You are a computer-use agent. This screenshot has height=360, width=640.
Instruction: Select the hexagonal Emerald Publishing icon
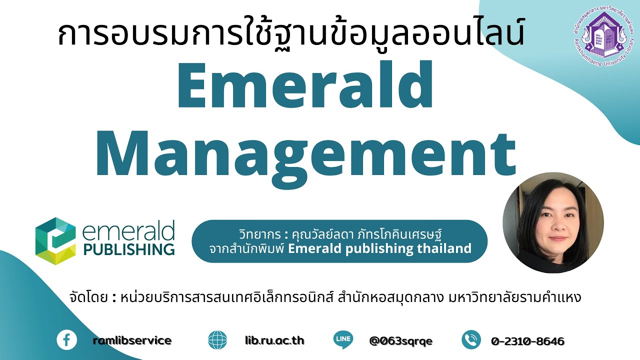55,240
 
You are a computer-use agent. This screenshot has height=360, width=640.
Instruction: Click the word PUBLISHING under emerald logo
129,248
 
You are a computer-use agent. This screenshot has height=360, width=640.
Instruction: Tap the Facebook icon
66,340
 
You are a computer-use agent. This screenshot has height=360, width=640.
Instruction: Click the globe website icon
217,340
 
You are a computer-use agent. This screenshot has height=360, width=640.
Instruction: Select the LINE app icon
343,340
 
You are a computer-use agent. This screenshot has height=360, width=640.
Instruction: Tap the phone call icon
471,340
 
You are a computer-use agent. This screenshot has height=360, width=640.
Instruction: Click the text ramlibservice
132,341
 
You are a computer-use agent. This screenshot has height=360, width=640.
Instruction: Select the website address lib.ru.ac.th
274,341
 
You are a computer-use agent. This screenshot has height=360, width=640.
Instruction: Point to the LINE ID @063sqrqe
400,341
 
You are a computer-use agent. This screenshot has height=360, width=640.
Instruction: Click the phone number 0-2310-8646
527,341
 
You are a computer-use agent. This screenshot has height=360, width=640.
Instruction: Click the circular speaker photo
553,223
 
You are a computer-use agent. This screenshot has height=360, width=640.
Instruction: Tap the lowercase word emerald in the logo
128,231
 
